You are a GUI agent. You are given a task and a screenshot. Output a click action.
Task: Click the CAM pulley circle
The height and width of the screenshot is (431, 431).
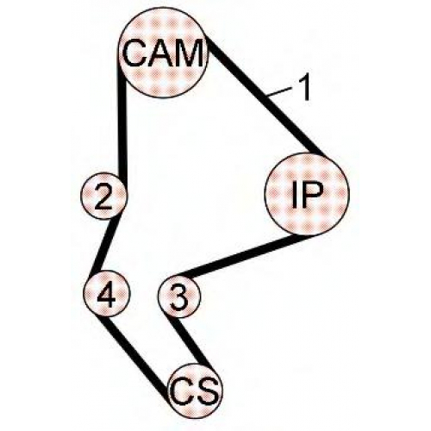(163, 54)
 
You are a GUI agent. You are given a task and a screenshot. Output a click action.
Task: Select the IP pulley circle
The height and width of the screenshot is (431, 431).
(307, 192)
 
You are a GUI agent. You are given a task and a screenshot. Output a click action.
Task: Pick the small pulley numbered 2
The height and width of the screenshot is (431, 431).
(103, 196)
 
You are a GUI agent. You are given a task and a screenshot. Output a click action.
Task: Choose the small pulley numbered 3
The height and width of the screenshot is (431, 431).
(179, 297)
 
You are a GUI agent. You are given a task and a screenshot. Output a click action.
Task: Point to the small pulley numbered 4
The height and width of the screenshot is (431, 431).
(107, 293)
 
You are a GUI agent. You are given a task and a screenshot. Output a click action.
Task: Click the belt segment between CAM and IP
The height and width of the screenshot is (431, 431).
(265, 97)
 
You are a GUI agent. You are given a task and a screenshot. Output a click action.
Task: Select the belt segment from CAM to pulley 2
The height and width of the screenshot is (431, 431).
(122, 129)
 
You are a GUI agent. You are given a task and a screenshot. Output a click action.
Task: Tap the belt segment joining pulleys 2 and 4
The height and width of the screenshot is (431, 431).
(106, 244)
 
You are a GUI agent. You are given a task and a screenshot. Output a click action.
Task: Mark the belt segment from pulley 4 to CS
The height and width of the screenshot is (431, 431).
(135, 356)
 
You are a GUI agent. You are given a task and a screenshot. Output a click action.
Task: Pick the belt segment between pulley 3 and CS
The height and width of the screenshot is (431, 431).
(191, 342)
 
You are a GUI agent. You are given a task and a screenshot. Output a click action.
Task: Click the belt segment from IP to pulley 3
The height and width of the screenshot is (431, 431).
(241, 255)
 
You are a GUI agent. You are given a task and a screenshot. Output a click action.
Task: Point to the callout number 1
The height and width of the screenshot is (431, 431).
(303, 88)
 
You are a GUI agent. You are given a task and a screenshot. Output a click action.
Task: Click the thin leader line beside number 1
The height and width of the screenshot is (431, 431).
(279, 92)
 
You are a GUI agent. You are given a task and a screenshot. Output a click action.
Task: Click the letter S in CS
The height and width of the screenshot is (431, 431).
(206, 392)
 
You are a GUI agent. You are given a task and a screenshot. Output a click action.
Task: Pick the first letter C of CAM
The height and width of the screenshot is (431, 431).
(134, 53)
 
